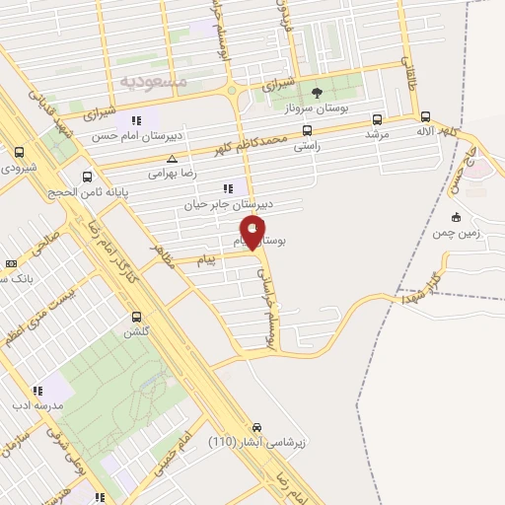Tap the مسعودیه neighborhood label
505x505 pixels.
(152, 78)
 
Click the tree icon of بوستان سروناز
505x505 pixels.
(317, 94)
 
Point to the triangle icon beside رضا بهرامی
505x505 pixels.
(173, 158)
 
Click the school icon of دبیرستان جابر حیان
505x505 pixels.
(228, 187)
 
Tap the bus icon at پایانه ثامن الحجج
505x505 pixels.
(88, 178)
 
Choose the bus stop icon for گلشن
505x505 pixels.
(137, 317)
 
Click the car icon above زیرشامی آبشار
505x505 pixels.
(256, 427)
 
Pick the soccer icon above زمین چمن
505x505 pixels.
(455, 218)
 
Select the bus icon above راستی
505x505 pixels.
(308, 129)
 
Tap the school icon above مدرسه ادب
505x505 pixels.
(37, 391)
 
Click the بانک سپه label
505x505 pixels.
(24, 280)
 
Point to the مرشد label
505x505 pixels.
(378, 132)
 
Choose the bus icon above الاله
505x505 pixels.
(422, 114)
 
